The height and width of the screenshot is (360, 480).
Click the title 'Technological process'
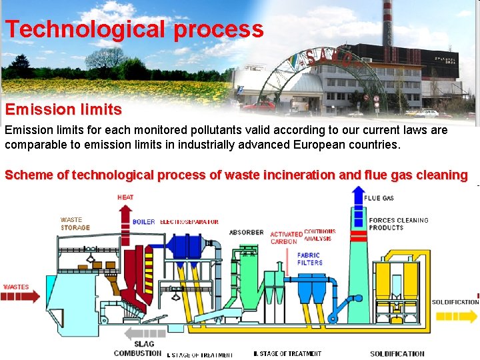[x=135, y=29]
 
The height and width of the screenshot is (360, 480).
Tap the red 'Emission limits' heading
[x=63, y=109]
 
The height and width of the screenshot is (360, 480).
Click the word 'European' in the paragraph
[x=275, y=144]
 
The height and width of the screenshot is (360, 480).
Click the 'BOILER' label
[x=143, y=222]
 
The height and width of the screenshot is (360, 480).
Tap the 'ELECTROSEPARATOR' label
[x=189, y=222]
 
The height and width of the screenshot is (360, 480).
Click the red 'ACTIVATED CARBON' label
[x=285, y=238]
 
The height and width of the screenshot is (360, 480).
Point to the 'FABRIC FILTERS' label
[x=309, y=259]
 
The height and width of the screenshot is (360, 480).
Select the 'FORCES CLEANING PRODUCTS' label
[x=399, y=224]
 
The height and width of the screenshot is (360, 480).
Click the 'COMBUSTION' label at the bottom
[x=137, y=353]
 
